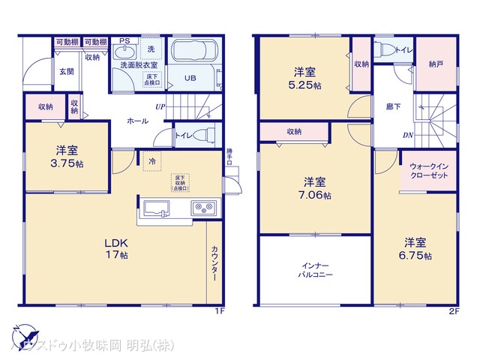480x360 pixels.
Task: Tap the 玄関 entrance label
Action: click(67, 72)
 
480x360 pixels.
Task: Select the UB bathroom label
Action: click(190, 78)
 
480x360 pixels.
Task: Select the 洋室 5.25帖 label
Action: click(304, 79)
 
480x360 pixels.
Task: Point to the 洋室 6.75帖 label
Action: click(415, 248)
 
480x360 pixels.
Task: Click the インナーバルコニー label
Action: click(315, 271)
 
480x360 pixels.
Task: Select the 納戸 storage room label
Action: click(435, 65)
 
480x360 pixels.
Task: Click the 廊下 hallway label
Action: click(392, 106)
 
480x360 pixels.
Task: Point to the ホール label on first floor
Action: click(137, 120)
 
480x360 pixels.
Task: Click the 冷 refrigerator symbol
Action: click(152, 160)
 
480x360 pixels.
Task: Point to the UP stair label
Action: click(160, 106)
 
